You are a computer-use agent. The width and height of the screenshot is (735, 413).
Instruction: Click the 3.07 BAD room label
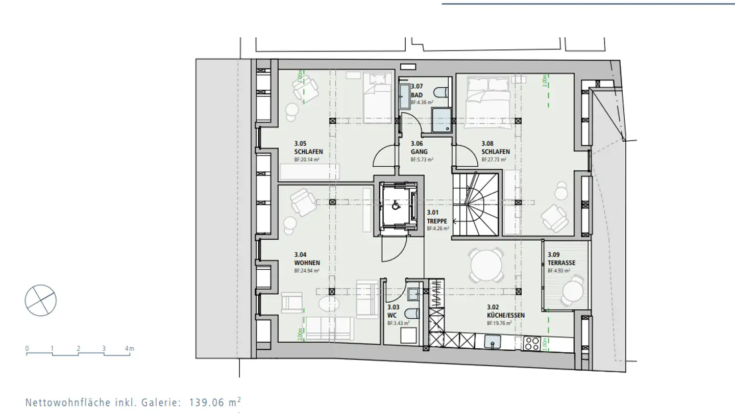tap(417, 91)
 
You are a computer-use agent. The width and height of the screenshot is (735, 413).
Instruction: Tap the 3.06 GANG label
tap(419, 147)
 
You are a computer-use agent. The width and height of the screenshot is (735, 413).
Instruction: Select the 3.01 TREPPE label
tap(437, 217)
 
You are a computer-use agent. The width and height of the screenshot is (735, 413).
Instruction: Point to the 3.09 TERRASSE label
tap(561, 259)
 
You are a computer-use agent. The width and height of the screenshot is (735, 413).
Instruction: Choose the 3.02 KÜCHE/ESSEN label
tap(505, 311)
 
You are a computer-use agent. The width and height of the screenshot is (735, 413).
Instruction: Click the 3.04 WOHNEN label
tap(307, 259)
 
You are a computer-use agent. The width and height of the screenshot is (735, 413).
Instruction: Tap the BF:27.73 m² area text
tap(494, 160)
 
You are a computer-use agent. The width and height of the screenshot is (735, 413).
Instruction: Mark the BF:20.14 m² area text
tap(307, 160)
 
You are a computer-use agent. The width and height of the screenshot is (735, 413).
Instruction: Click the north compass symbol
tap(41, 300)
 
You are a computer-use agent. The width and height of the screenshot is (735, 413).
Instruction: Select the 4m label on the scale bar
tap(130, 349)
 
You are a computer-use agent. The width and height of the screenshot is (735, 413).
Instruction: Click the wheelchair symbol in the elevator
tap(395, 206)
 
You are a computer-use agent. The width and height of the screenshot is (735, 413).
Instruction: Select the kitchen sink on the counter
tap(493, 341)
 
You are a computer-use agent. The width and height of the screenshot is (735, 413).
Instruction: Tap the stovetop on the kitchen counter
tap(533, 343)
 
